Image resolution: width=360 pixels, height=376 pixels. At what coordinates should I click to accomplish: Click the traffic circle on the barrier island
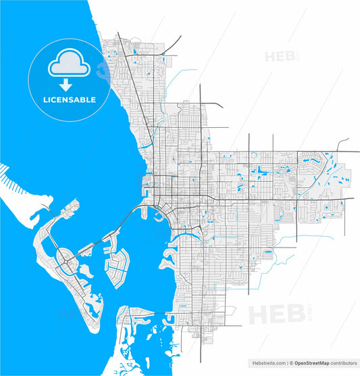pos(63,256)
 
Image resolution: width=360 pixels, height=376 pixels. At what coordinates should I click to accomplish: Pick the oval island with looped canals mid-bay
pos(116,266)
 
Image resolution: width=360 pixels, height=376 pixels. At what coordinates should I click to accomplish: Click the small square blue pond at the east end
pos(325,206)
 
